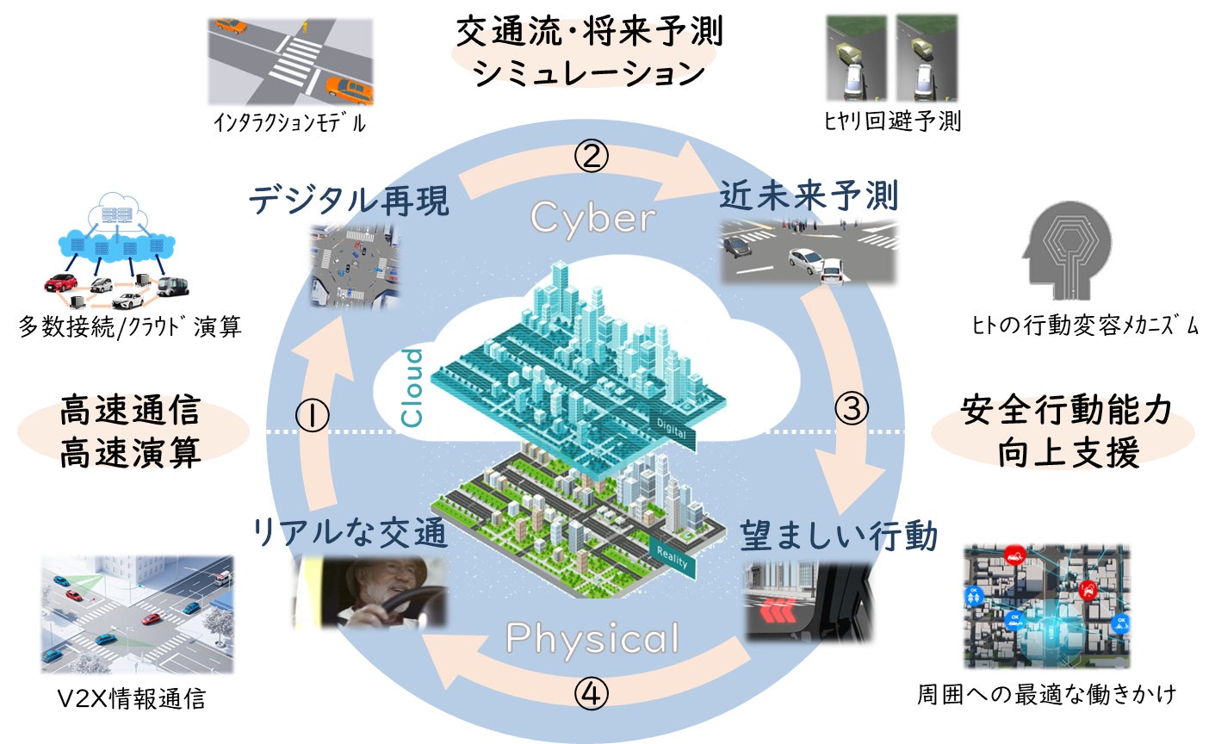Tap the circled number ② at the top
tap(592, 156)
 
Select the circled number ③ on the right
tap(852, 408)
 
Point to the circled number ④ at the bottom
tap(592, 693)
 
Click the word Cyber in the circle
tap(592, 218)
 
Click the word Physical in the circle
tap(592, 638)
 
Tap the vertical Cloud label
tap(412, 387)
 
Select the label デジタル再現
tap(349, 201)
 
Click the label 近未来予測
tap(809, 197)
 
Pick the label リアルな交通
tap(350, 533)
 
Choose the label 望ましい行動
tap(839, 536)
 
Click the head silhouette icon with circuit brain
tap(1068, 245)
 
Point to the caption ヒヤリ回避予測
tap(892, 120)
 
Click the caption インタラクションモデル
tap(290, 123)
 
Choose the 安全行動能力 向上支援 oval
tap(1066, 431)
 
